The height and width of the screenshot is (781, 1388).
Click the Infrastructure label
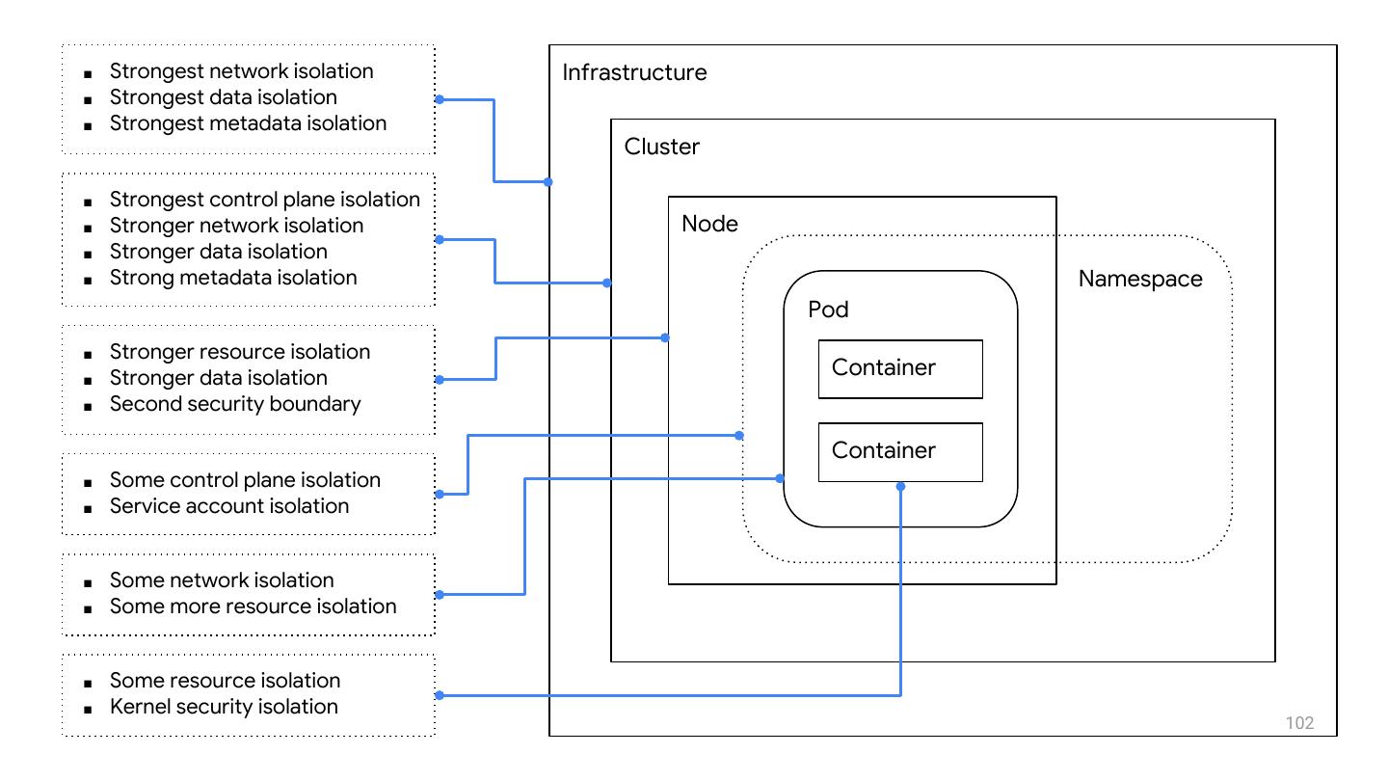coord(634,73)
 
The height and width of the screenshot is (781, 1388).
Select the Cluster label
coord(662,148)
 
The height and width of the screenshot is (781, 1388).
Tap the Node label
coord(709,224)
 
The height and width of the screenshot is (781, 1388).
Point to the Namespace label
coord(1140,280)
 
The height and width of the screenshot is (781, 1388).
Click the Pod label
coord(828,310)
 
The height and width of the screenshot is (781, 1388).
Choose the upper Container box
coord(900,368)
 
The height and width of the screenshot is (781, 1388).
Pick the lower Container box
coord(900,451)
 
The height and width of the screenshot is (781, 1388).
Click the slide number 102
coord(1299,723)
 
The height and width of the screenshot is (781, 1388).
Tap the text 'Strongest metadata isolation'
coord(248,123)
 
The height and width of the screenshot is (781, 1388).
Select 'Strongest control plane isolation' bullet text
coord(265,200)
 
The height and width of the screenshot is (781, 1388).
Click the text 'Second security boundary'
coord(235,404)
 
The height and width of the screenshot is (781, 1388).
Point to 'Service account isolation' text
coord(229,506)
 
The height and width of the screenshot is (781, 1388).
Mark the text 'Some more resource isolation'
coord(254,606)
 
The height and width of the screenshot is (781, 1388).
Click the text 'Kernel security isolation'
coord(224,707)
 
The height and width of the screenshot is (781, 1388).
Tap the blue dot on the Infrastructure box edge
coord(549,181)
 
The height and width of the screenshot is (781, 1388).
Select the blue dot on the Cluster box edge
coord(607,283)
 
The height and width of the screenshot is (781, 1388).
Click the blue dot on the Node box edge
coord(666,337)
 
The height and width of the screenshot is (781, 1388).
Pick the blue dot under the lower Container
coord(900,487)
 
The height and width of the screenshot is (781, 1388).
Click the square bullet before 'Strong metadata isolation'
coord(89,280)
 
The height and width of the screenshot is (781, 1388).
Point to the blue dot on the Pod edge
coord(781,478)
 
